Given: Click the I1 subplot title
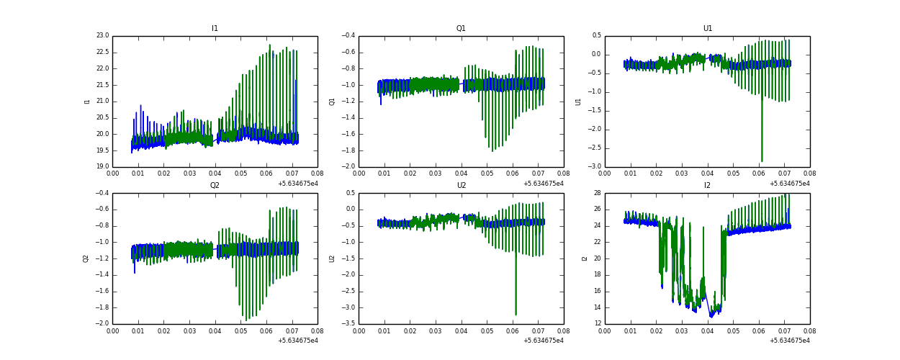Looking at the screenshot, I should click(215, 29).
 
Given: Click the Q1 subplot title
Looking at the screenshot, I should click(461, 29).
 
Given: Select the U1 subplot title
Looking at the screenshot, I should click(707, 29).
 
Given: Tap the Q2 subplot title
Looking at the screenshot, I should click(215, 186).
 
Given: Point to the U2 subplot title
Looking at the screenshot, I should click(461, 186).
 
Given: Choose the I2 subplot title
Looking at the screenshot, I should click(707, 186).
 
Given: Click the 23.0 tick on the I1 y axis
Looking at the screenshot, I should click(102, 35).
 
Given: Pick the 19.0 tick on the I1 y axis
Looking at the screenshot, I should click(102, 166).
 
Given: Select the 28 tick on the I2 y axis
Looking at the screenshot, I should click(597, 193).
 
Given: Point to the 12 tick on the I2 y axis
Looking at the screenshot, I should click(597, 323).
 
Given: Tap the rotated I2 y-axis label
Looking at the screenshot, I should click(585, 258).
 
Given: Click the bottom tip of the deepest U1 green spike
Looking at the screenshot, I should click(762, 161).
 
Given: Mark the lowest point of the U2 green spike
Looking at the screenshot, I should click(516, 315).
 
